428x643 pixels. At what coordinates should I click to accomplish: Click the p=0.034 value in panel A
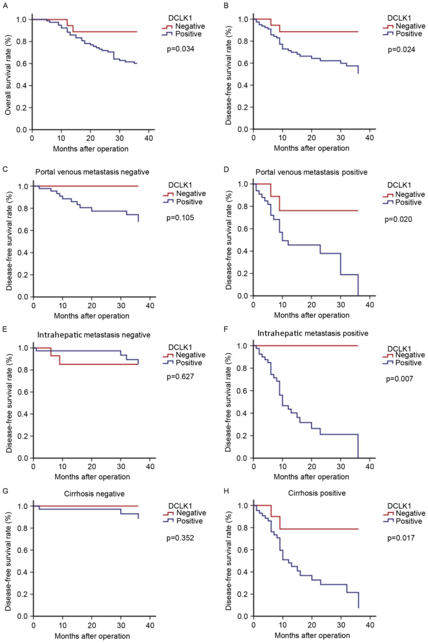click(180, 49)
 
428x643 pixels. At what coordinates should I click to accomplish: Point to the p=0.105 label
click(180, 218)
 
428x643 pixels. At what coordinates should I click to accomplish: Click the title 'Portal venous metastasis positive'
click(311, 172)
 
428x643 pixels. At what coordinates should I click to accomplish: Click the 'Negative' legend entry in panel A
click(190, 26)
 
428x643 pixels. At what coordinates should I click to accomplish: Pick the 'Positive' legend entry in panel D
click(408, 202)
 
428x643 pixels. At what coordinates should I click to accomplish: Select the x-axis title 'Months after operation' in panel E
click(92, 477)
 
